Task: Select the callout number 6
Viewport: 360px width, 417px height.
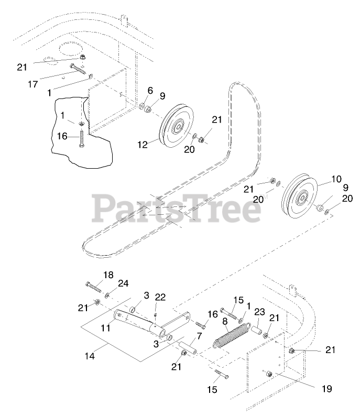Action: pyautogui.click(x=150, y=90)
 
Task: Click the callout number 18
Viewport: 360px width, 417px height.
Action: pyautogui.click(x=108, y=275)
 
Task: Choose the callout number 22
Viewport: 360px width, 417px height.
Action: pyautogui.click(x=160, y=298)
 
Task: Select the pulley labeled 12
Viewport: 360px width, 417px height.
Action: pyautogui.click(x=176, y=128)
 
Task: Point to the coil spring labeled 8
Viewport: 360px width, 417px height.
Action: pyautogui.click(x=232, y=335)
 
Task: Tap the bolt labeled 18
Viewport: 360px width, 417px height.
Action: pyautogui.click(x=94, y=287)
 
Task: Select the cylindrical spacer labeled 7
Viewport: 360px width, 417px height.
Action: pyautogui.click(x=189, y=347)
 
